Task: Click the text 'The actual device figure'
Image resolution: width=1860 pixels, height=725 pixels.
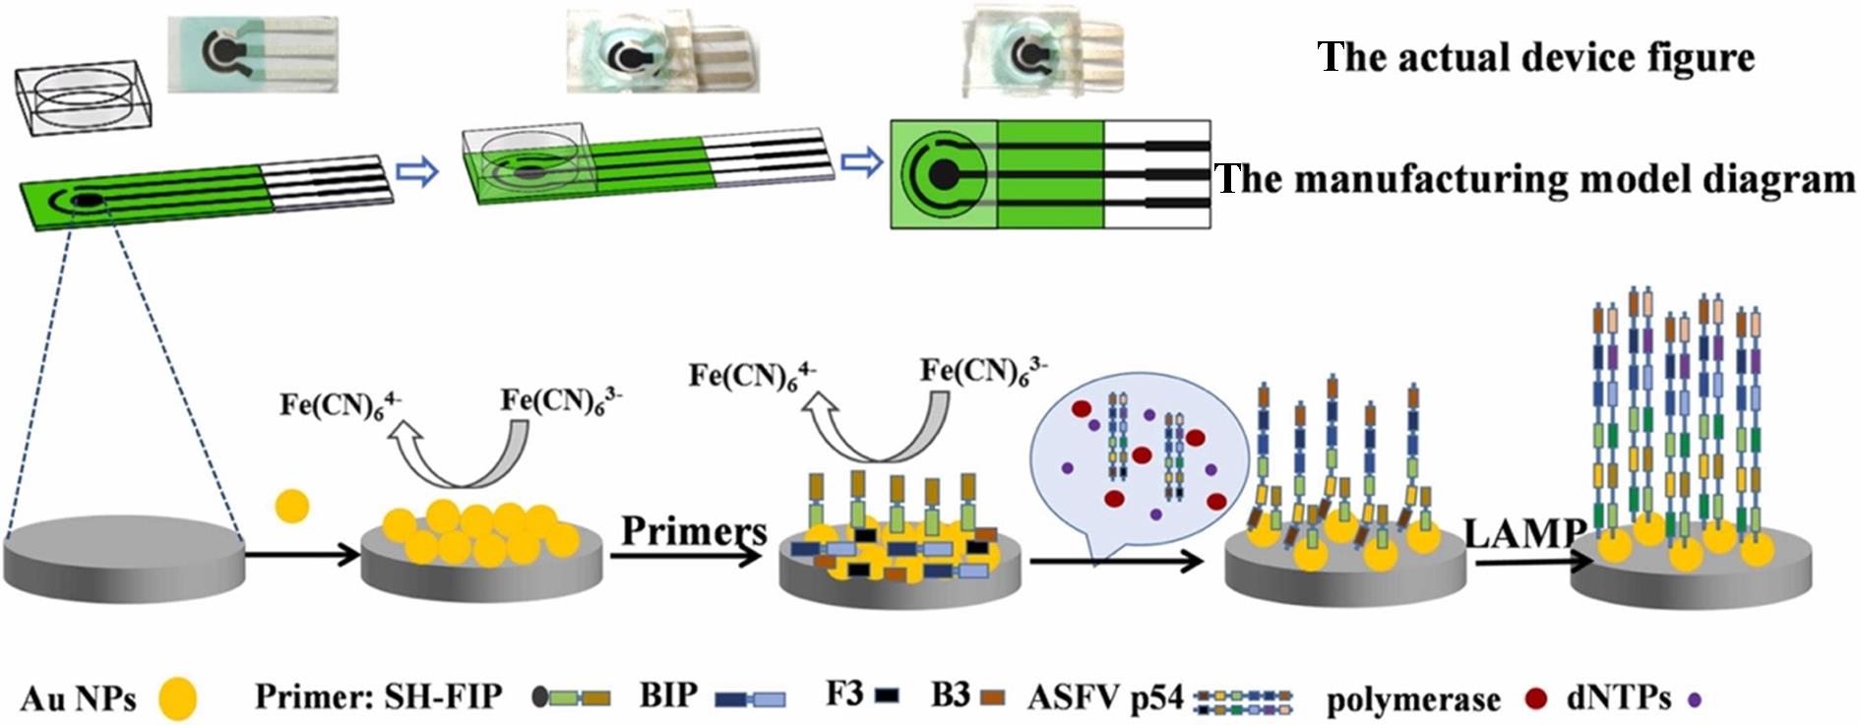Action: (1536, 57)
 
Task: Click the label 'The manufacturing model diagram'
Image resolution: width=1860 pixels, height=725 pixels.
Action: (1535, 179)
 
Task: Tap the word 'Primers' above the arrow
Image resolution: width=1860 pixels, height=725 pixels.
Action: (694, 531)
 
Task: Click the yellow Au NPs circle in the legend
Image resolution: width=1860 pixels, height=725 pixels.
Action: (179, 698)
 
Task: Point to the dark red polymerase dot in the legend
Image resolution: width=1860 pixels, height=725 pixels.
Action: (1535, 699)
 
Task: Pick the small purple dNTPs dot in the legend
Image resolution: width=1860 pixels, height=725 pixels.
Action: (1694, 700)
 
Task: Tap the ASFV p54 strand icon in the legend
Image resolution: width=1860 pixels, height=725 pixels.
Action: (1243, 700)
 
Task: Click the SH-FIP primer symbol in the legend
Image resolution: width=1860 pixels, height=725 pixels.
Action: (572, 698)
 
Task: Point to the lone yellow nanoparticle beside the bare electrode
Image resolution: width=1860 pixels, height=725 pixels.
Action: (291, 507)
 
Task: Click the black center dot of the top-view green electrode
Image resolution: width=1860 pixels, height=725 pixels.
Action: (944, 175)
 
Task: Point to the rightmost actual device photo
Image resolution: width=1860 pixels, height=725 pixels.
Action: (1042, 53)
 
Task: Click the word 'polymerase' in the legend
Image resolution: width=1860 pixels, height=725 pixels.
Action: (1413, 700)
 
